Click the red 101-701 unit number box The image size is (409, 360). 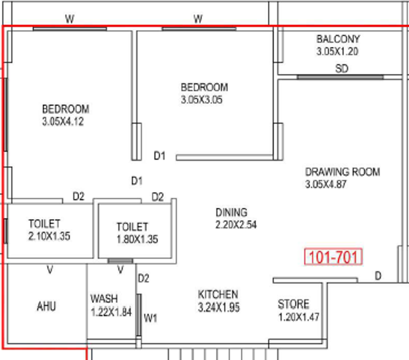[333, 257]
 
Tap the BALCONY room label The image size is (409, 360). [338, 39]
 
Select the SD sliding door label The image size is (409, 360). [342, 68]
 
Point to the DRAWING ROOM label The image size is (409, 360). [343, 172]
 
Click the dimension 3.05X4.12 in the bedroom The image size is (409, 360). [63, 122]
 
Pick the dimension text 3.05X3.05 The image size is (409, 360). [201, 100]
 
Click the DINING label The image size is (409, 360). [232, 212]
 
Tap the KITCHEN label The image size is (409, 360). [218, 295]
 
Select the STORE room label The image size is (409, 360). [293, 304]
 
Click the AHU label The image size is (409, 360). [47, 306]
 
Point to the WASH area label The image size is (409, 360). [104, 299]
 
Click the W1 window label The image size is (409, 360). [150, 318]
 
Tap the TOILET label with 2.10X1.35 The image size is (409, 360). [44, 224]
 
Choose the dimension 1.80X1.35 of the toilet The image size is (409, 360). [137, 239]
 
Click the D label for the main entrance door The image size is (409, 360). [378, 276]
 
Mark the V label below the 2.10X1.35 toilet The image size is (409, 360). [50, 270]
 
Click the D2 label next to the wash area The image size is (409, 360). [144, 278]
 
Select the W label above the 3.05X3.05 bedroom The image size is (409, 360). [198, 19]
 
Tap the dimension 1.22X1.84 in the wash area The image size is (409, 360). [111, 312]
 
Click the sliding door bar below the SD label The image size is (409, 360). [340, 77]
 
